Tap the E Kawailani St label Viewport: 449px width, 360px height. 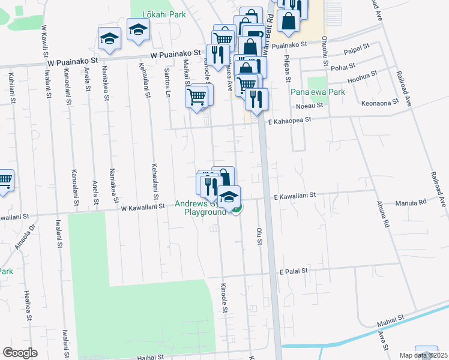[294, 196]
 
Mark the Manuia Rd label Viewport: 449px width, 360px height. [411, 203]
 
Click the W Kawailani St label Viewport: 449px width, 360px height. [143, 207]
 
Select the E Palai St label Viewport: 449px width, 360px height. [293, 271]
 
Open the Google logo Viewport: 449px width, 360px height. [20, 353]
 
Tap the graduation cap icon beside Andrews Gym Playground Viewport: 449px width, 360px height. [229, 196]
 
